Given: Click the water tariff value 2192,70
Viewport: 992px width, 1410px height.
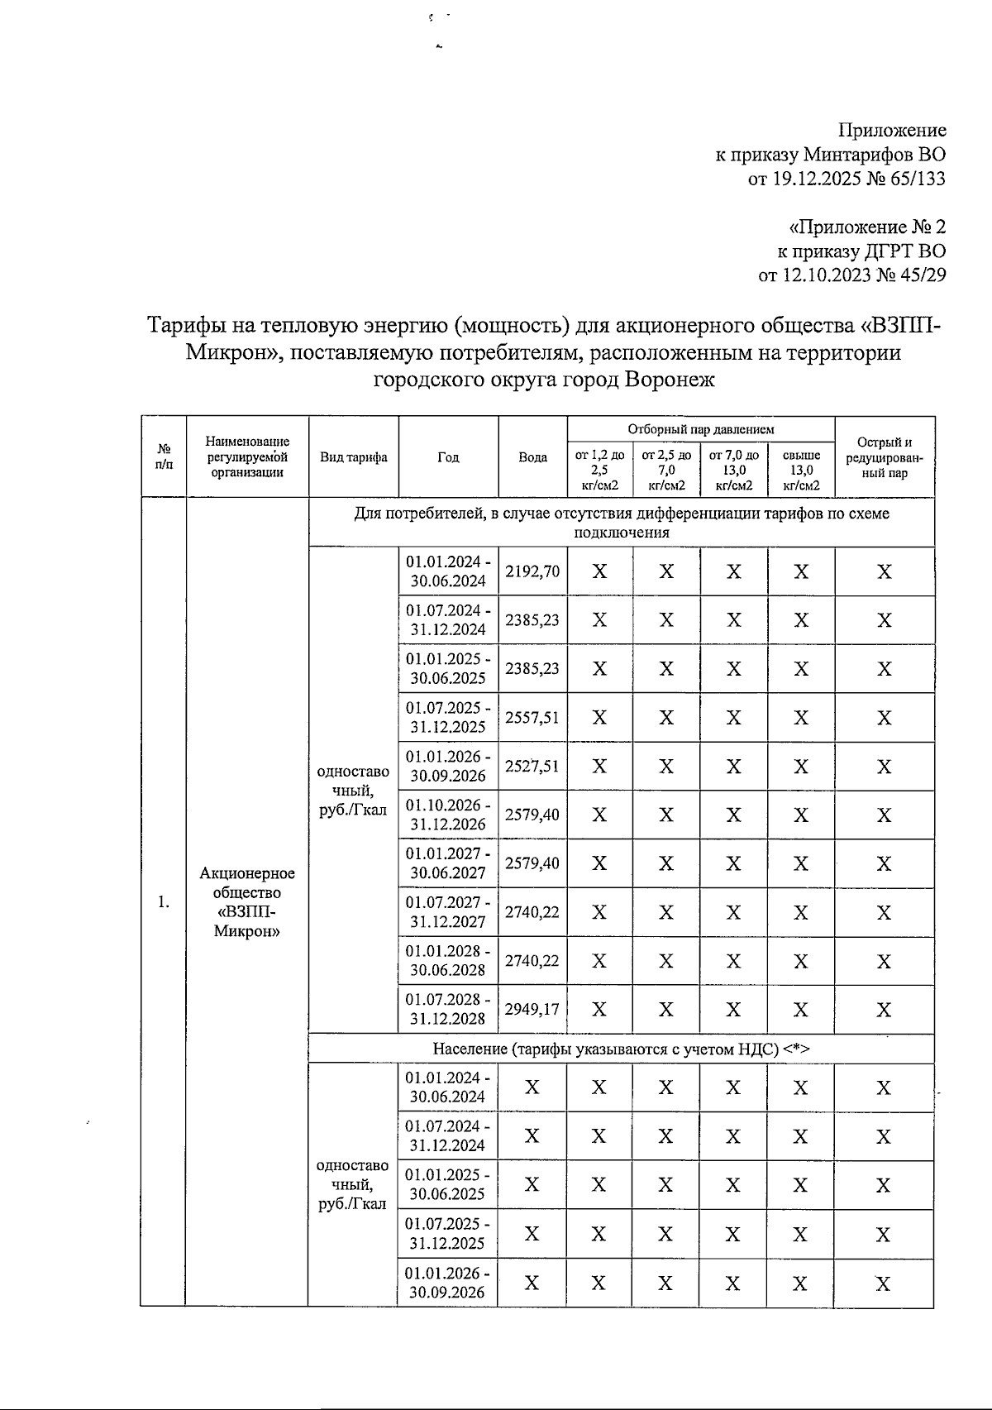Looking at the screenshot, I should (532, 571).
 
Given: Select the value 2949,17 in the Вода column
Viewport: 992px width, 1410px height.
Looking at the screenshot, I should (532, 1009).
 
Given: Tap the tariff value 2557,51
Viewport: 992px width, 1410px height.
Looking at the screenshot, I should (532, 717).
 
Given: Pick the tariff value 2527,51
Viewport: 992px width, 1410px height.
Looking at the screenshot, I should (532, 766).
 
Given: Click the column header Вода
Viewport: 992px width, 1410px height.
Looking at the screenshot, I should (532, 457).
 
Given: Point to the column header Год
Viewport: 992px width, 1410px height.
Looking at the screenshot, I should (448, 457).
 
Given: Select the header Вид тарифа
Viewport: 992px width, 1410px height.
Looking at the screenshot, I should (354, 457).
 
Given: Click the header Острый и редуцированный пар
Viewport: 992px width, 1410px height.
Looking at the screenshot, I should (885, 457).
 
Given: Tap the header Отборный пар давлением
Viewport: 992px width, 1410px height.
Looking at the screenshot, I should (700, 429).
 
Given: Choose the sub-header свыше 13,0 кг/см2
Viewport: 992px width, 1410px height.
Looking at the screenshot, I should (801, 470).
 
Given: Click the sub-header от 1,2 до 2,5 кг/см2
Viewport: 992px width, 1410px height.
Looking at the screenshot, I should (599, 470).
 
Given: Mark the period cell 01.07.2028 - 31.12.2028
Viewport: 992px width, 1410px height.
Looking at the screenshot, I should (448, 1009).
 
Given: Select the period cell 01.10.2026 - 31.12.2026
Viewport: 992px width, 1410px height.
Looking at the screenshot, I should (448, 815).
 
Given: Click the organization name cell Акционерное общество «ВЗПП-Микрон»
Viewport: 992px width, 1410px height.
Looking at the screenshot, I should (247, 901).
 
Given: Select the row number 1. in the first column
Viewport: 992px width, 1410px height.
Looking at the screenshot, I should (164, 901).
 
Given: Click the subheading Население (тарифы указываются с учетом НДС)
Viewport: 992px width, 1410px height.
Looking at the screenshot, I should (620, 1049).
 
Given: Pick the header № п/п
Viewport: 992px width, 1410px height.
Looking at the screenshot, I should (164, 457).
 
